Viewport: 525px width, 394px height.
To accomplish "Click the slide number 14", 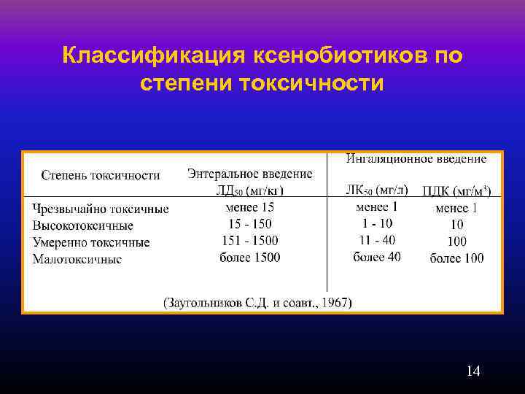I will [x=472, y=371].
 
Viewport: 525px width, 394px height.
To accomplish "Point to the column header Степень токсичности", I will [x=101, y=175].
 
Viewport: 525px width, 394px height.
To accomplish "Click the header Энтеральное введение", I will [x=249, y=174].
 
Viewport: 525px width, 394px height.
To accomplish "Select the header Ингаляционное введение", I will [x=416, y=158].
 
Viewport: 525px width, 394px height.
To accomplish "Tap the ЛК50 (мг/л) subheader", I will [x=376, y=190].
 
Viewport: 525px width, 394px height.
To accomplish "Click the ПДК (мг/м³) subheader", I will [x=456, y=191].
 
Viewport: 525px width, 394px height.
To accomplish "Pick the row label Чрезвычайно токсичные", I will [x=101, y=209].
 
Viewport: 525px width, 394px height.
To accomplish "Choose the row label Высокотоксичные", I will [x=82, y=225].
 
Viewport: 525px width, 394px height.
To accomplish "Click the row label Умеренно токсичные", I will [x=91, y=242].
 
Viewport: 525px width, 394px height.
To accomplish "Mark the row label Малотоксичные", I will [x=77, y=259].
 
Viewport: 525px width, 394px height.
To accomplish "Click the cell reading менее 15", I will [x=249, y=207].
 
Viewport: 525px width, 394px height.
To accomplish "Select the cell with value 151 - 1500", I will [x=249, y=240].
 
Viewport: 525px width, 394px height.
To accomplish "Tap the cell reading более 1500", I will [x=249, y=257].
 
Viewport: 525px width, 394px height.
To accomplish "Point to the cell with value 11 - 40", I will [x=376, y=240].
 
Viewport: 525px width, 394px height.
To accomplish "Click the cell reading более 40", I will [x=376, y=257].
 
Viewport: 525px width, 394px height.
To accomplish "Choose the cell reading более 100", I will [x=456, y=258].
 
